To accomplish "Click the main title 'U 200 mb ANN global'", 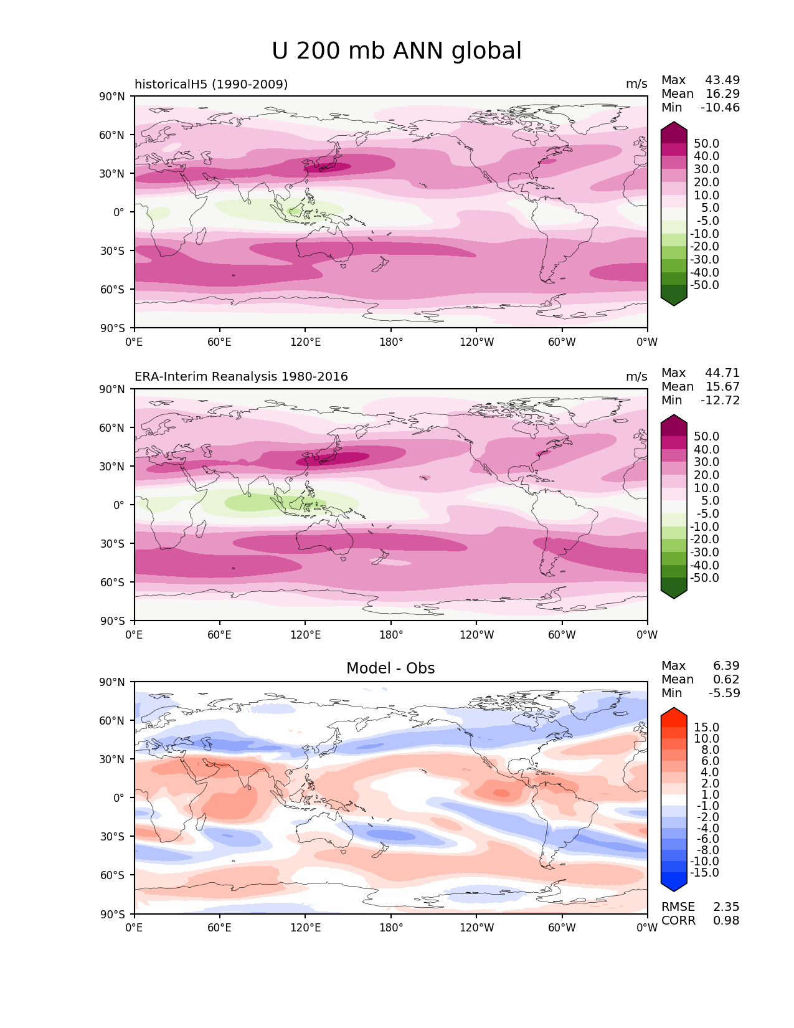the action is (x=396, y=51).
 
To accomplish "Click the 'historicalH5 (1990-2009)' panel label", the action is (x=211, y=84).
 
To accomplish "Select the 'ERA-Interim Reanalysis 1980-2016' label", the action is (x=241, y=376).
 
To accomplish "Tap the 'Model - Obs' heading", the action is (x=390, y=668).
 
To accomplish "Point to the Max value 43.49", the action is (x=722, y=80).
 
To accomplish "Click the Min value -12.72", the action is (x=720, y=400).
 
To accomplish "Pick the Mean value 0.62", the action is (x=726, y=679).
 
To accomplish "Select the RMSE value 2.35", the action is (x=726, y=907).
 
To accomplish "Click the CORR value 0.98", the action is (x=726, y=920).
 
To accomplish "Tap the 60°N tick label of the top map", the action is (x=111, y=135).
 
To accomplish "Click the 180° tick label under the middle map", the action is (x=391, y=634).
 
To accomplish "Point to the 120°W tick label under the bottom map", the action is (x=476, y=927).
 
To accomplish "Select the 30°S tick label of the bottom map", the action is (x=112, y=836).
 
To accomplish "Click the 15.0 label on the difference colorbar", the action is (x=706, y=727).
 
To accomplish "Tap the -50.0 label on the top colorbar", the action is (x=704, y=285).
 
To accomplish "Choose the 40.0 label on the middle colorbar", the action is (x=706, y=449).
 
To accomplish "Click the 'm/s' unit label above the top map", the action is (x=636, y=84).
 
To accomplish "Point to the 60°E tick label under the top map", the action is (x=219, y=341).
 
